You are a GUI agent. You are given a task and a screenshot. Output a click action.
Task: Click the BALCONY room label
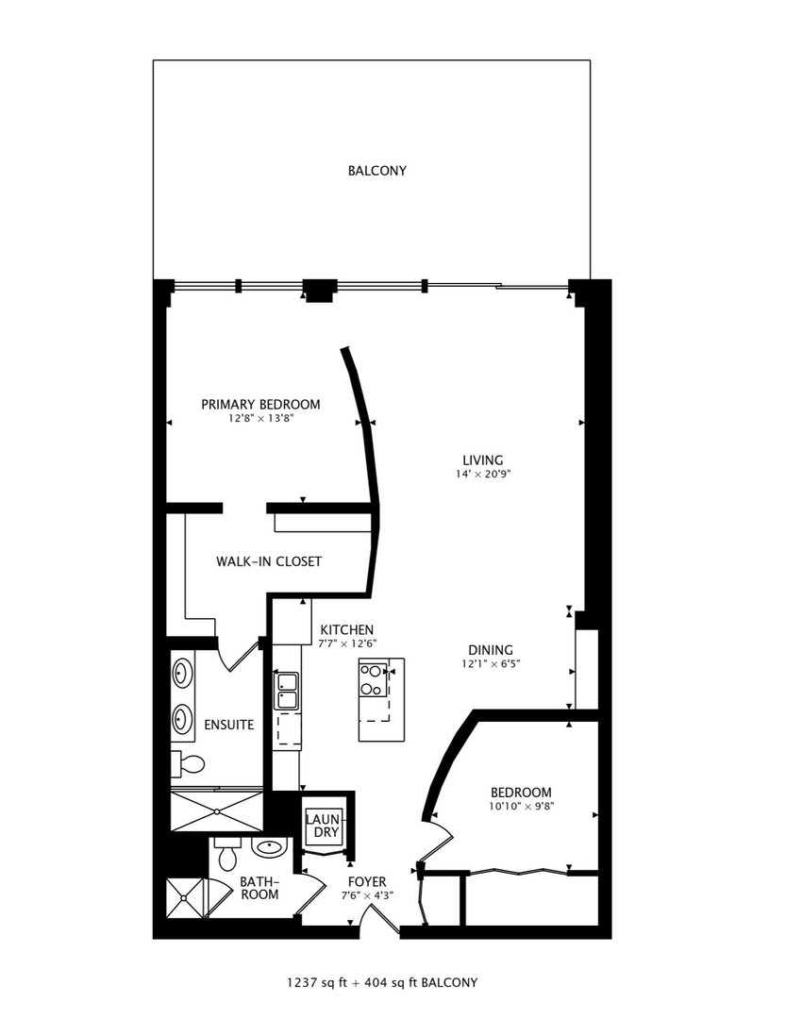377,171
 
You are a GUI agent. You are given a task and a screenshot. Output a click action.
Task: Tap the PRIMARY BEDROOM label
260,404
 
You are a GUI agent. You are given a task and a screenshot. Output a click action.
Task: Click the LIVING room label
483,460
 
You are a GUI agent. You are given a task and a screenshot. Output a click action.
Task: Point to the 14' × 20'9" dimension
483,475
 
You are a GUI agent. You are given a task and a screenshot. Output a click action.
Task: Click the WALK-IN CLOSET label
269,561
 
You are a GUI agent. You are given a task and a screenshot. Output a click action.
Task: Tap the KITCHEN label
347,629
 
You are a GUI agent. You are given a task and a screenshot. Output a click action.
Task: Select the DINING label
491,650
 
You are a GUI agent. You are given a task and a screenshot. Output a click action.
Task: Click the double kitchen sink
287,691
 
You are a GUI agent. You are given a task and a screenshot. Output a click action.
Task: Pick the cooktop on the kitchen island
373,679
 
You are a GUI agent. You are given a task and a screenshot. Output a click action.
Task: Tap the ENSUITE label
229,725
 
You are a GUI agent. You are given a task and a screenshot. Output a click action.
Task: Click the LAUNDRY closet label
323,826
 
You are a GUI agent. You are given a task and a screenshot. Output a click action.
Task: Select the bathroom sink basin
270,846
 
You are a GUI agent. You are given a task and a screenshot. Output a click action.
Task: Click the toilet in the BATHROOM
226,854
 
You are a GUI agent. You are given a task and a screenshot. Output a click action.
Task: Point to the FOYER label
367,882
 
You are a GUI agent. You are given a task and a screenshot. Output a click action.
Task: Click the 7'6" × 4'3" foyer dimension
367,895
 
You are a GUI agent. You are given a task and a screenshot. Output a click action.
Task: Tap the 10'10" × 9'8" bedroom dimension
521,807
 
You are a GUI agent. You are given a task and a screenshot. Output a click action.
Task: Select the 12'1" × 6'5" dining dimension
491,664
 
